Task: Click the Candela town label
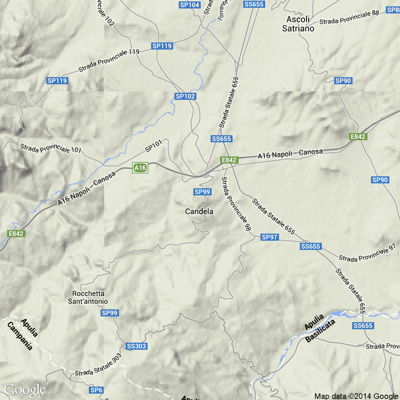pos(199,211)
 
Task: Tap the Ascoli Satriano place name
pos(298,24)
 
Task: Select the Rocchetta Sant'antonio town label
pos(88,297)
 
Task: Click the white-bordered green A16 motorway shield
pos(140,168)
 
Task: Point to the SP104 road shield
pos(190,5)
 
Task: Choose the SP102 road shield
pos(185,96)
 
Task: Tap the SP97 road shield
pos(270,237)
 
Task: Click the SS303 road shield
pos(136,346)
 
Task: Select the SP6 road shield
pos(96,390)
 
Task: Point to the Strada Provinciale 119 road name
pos(109,61)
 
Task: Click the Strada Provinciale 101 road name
pos(51,148)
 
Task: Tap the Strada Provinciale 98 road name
pos(236,204)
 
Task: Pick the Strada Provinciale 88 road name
pos(349,17)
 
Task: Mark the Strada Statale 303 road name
pos(98,365)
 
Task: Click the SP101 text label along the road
pos(154,146)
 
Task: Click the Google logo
pos(25,390)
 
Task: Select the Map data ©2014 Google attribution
pos(356,396)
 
